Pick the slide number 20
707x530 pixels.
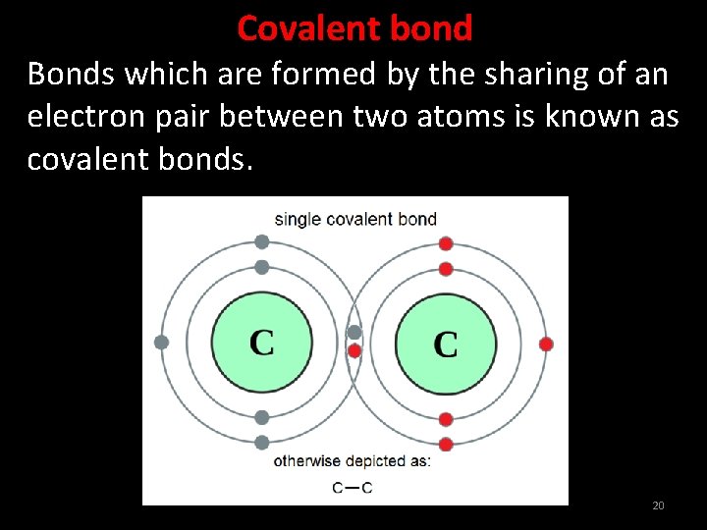click(658, 505)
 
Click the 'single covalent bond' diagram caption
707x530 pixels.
click(355, 218)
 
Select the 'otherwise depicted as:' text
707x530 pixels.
click(352, 460)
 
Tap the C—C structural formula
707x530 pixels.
click(353, 487)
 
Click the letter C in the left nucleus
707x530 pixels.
click(262, 343)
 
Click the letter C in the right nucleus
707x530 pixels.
click(445, 344)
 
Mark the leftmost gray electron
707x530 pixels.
click(162, 343)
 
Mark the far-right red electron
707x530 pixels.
click(546, 344)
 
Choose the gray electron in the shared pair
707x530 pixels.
click(354, 333)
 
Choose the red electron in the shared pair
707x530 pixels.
click(354, 350)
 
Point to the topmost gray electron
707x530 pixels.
click(261, 241)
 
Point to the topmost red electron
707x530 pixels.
click(446, 243)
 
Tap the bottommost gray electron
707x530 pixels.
click(261, 443)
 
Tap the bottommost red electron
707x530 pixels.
click(446, 445)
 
